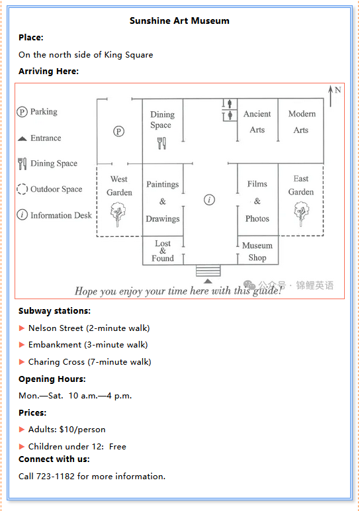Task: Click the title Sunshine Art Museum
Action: pos(179,21)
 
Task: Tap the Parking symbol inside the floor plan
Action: pos(118,131)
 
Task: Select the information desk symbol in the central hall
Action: pos(209,199)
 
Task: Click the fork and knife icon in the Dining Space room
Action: pos(161,143)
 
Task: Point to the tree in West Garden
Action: pos(118,214)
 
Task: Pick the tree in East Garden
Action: pos(301,214)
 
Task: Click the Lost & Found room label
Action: pos(163,251)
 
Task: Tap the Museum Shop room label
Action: pos(257,252)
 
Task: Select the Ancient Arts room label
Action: pos(257,122)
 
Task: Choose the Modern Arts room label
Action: pos(302,122)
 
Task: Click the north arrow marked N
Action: pos(331,96)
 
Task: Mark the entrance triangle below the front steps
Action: pos(208,281)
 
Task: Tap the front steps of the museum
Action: pos(208,271)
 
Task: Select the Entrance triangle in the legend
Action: pos(22,138)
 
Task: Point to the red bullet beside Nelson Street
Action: pos(22,328)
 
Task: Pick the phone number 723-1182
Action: pos(56,476)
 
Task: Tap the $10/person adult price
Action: pos(83,430)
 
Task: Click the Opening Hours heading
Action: pos(52,379)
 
